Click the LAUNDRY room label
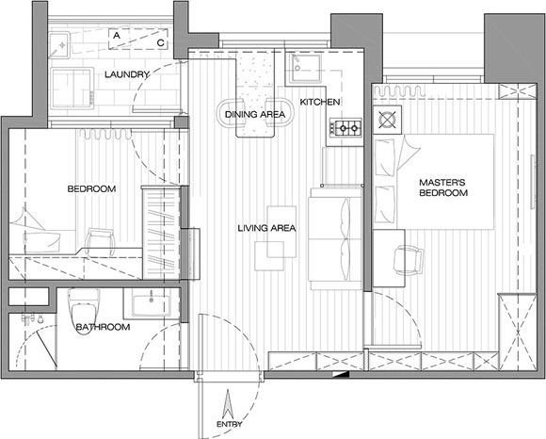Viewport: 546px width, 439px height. (127, 74)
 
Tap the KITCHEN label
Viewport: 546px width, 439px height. (320, 102)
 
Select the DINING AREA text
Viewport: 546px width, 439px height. (255, 114)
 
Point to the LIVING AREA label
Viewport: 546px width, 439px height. (266, 228)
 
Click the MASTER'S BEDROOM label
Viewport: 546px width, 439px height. (443, 187)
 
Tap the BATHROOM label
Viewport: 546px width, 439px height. (103, 327)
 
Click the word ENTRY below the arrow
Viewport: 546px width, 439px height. (230, 424)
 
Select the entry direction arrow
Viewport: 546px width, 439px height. (229, 404)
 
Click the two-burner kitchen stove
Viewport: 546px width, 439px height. (345, 128)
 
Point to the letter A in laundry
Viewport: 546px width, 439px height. (117, 35)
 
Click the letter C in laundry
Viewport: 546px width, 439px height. (161, 43)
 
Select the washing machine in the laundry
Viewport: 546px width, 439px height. (72, 88)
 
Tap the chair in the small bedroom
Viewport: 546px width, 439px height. (101, 240)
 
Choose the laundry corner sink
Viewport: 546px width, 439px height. (59, 45)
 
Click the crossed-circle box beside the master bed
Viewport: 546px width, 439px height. (387, 120)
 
